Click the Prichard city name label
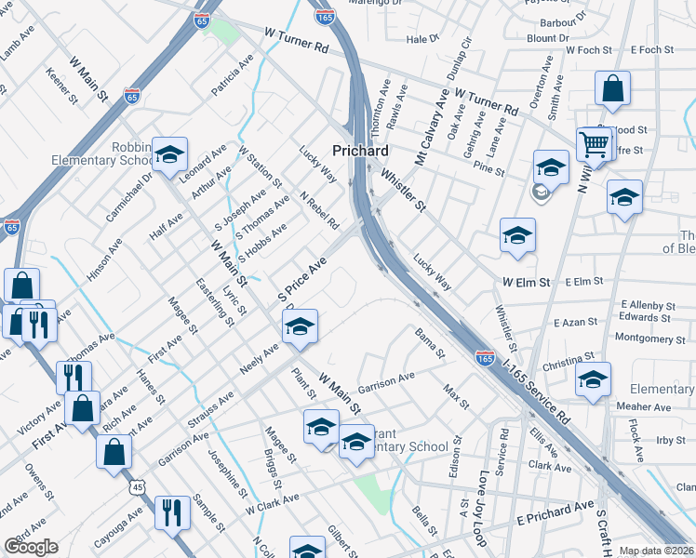click(x=360, y=150)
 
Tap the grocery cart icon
click(x=593, y=143)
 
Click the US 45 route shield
click(x=138, y=486)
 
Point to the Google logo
click(x=31, y=547)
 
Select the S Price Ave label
click(x=302, y=279)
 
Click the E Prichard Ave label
click(x=555, y=510)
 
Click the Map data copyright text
click(x=657, y=551)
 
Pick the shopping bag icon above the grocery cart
click(x=613, y=88)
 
